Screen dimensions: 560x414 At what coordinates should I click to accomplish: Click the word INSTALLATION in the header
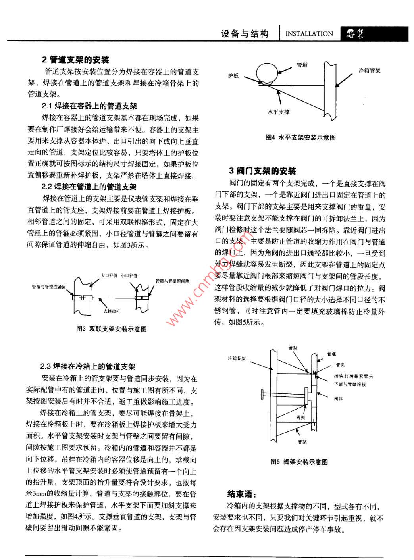click(x=309, y=34)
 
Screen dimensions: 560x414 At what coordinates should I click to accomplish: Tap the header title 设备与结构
click(x=245, y=34)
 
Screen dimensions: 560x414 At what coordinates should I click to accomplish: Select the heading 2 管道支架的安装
click(x=75, y=60)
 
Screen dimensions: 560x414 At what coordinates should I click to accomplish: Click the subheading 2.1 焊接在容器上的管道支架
click(x=89, y=106)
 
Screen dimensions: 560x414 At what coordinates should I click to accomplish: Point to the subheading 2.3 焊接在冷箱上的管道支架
click(x=88, y=366)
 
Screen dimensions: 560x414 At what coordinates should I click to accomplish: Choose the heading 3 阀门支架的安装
click(x=262, y=171)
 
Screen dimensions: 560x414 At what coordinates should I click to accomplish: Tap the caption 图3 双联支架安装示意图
click(x=112, y=329)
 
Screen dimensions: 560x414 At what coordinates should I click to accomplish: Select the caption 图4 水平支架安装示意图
click(x=300, y=138)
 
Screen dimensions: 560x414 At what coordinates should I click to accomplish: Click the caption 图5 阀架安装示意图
click(x=299, y=462)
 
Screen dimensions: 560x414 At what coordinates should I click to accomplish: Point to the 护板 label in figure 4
click(x=233, y=75)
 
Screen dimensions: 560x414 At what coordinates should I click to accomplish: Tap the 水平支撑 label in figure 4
click(x=278, y=112)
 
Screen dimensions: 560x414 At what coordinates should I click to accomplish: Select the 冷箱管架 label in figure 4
click(x=370, y=70)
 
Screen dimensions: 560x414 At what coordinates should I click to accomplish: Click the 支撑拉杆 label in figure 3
click(x=111, y=311)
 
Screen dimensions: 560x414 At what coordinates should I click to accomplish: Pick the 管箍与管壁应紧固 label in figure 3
click(x=49, y=286)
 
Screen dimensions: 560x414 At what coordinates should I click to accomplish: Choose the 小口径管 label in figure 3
click(x=129, y=275)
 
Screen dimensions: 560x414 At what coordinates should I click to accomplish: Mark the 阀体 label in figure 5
click(x=338, y=399)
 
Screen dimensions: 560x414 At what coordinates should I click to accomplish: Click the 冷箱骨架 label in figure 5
click(x=237, y=358)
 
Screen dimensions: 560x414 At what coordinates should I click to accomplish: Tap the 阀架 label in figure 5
click(x=300, y=418)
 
